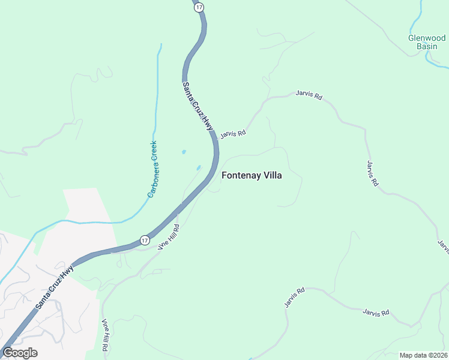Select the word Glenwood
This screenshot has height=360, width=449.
tap(426, 37)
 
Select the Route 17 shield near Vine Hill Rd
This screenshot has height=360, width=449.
tap(145, 240)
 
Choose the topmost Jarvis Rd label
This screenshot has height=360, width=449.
tap(309, 95)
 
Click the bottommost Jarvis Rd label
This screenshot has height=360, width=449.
tap(376, 312)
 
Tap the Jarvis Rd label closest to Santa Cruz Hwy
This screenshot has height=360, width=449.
tap(233, 134)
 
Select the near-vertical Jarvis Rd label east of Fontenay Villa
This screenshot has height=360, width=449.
tap(372, 173)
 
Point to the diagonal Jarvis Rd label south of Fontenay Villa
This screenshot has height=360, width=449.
tap(295, 298)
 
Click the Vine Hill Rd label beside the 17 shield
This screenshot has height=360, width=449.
tap(169, 238)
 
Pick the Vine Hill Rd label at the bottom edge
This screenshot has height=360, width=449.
tap(105, 335)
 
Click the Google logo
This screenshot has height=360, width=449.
tap(20, 352)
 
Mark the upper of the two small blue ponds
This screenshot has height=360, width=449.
tap(184, 152)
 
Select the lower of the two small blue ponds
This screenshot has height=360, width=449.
tap(198, 167)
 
